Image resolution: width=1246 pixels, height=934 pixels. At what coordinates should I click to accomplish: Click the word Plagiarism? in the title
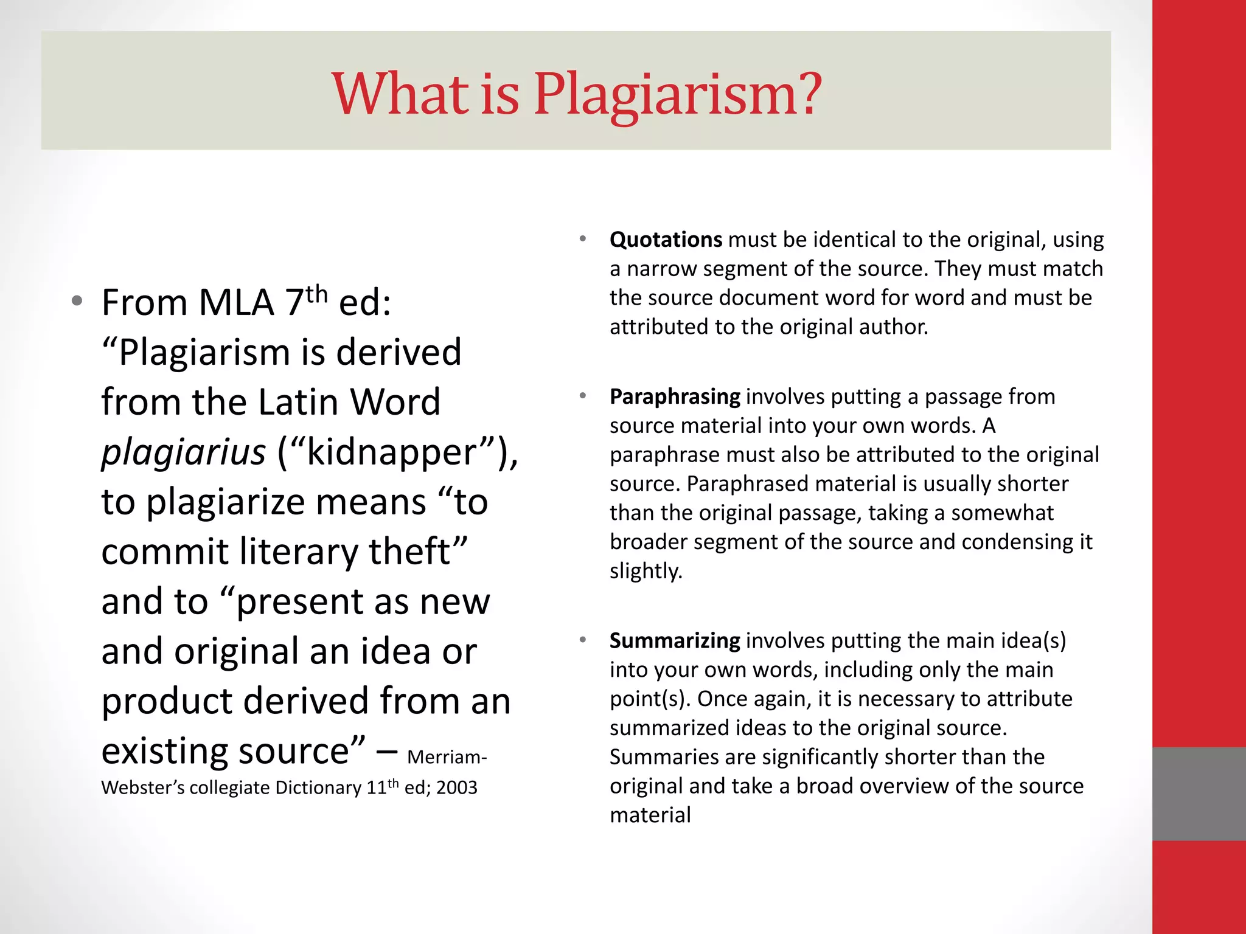click(x=678, y=94)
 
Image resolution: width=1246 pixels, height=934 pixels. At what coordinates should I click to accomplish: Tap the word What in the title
click(x=400, y=94)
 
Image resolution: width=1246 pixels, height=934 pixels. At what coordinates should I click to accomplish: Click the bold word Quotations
click(x=666, y=240)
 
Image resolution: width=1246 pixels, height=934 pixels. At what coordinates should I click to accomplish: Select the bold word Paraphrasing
click(x=675, y=396)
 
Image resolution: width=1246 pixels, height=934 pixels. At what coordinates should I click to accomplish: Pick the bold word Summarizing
click(x=675, y=640)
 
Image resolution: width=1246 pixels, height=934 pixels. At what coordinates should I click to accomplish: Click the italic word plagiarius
click(x=183, y=452)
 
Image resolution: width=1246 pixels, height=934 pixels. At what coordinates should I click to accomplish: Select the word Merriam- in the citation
click(x=447, y=757)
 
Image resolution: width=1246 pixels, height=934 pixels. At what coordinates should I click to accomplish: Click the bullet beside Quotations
click(x=582, y=238)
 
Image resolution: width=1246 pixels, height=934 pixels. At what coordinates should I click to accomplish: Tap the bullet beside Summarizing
click(x=582, y=639)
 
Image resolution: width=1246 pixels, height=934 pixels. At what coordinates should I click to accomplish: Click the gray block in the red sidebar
click(x=1199, y=794)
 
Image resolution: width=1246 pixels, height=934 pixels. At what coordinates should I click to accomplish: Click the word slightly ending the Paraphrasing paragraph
click(x=646, y=571)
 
